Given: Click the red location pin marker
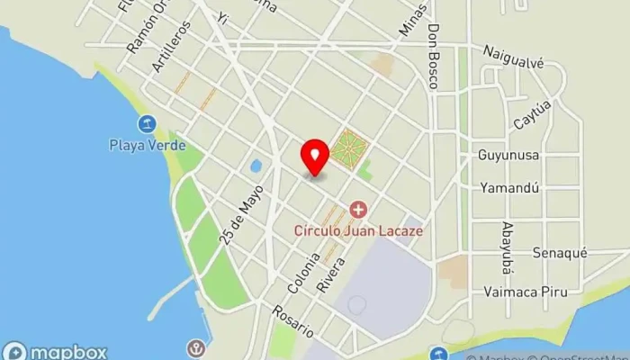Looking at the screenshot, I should coord(314,157).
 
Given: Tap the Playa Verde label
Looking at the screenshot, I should coord(148,144).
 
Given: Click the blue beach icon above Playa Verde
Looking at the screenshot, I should coord(147,123).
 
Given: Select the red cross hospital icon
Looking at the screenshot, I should coord(359,210).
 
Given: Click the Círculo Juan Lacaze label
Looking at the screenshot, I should coord(358,229).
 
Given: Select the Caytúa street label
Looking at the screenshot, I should coord(531,114).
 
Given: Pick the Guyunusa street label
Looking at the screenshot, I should coord(508,155).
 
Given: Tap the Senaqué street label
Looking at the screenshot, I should coord(559,253).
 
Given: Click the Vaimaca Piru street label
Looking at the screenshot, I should coord(522,291).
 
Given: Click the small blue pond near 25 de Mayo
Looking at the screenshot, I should coord(256,166).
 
